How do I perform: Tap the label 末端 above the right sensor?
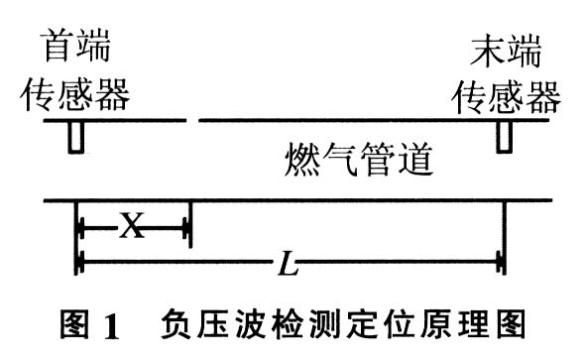(506, 51)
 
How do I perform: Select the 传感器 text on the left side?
(75, 94)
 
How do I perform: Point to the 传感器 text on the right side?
(506, 97)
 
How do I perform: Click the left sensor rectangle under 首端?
(76, 137)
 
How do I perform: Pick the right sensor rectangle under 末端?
(504, 137)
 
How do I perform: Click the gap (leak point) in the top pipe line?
(192, 120)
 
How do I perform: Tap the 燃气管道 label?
(358, 161)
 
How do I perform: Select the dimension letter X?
(132, 226)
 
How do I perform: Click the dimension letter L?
(288, 263)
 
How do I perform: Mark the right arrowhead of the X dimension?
(185, 228)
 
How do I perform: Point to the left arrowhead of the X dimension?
(81, 228)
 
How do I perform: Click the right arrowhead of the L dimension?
(500, 263)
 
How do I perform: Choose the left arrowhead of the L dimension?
(81, 263)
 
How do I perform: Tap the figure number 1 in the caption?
(112, 325)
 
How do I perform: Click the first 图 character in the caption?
(75, 324)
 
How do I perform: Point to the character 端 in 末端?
(525, 51)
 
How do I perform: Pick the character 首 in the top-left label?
(58, 46)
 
